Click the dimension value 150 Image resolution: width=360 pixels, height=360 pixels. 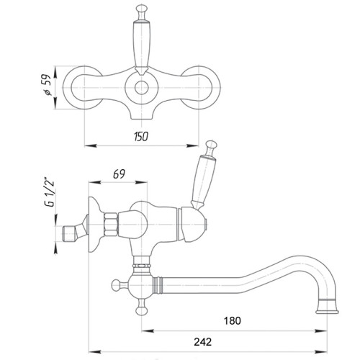tap(141, 137)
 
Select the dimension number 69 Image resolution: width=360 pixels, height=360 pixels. tap(119, 174)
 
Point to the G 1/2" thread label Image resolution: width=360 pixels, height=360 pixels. tap(49, 192)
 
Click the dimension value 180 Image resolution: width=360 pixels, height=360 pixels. tap(232, 320)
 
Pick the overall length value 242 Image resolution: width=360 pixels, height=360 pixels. tap(203, 342)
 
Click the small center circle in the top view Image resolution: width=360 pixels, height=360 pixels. tap(141, 88)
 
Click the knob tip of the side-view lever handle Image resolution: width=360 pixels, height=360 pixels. tap(211, 145)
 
